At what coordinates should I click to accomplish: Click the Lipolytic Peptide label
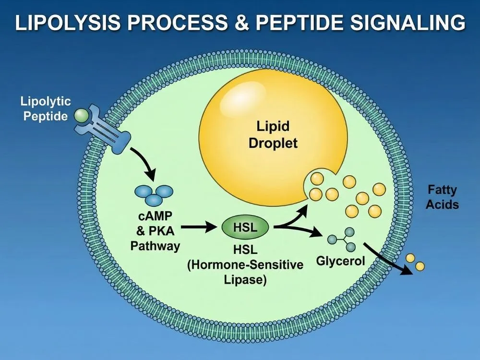tap(46, 108)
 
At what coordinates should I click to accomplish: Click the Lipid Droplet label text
tap(273, 135)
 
